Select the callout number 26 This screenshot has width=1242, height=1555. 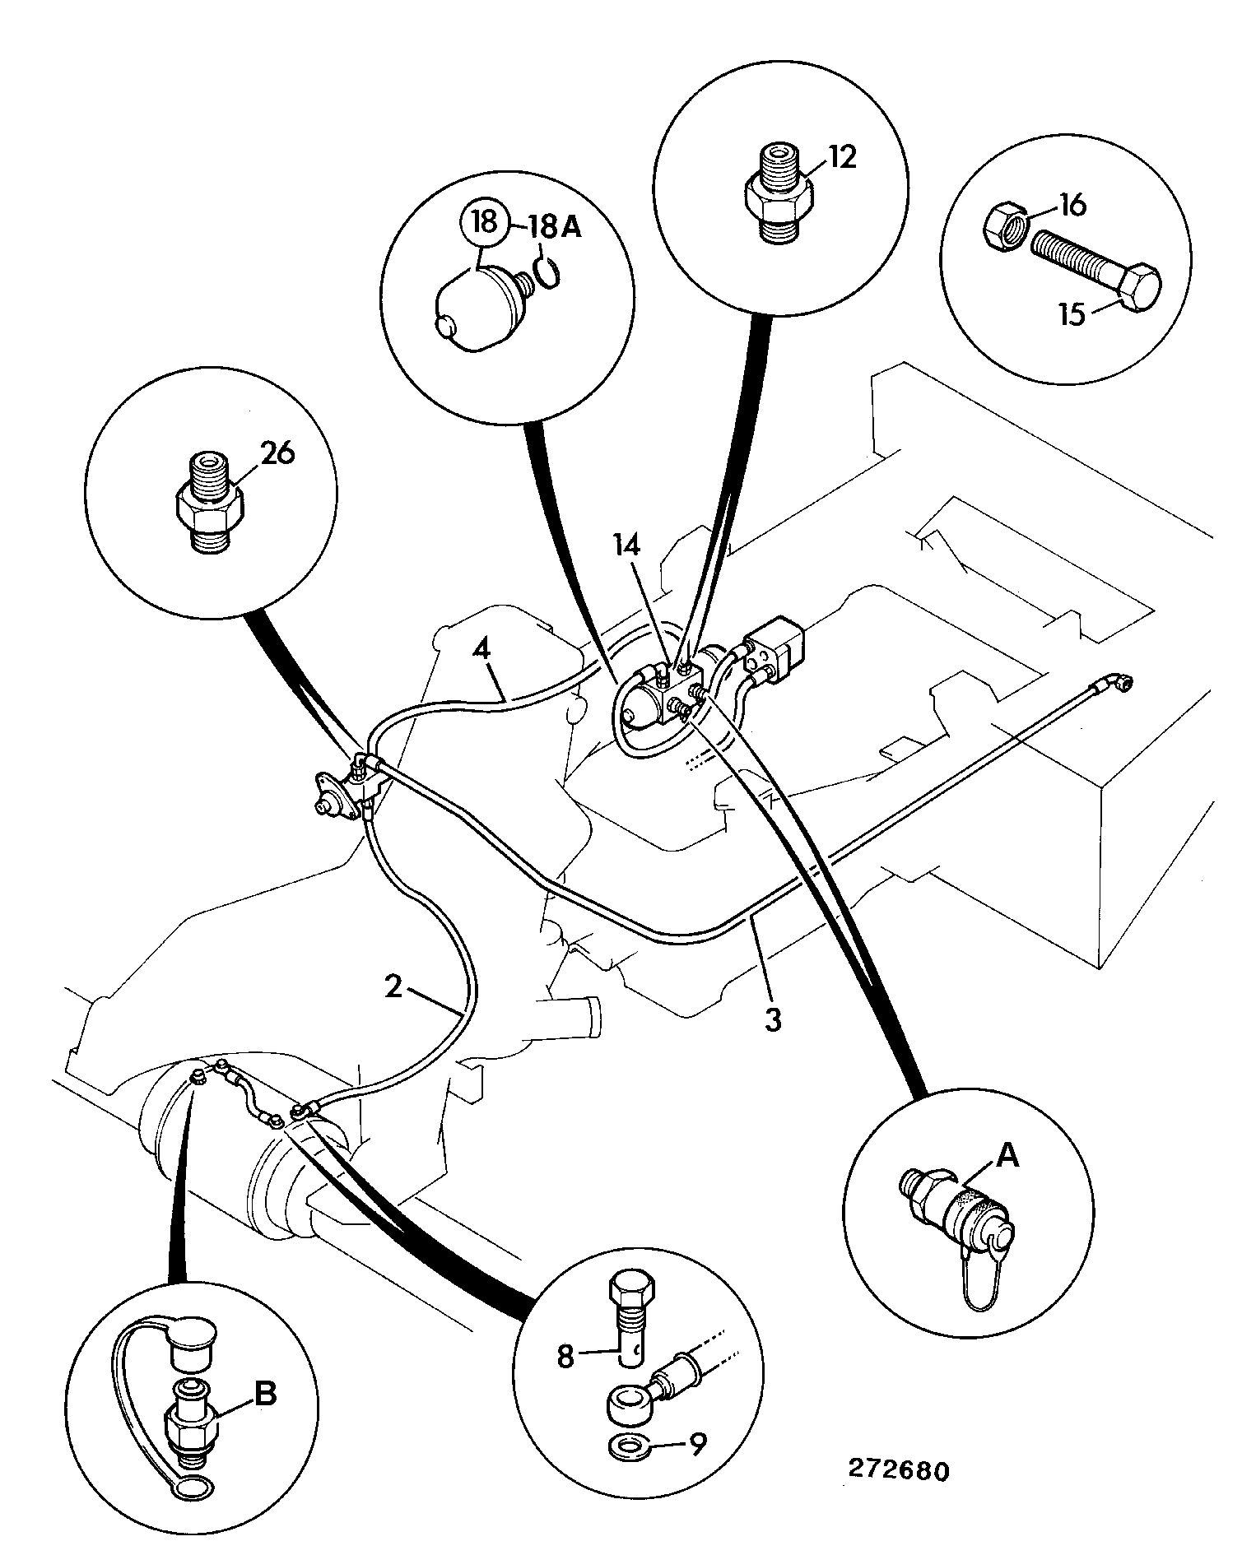pos(278,453)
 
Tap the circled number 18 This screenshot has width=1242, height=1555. pos(485,223)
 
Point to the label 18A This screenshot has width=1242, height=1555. pos(554,226)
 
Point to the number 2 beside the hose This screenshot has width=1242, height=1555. pos(393,986)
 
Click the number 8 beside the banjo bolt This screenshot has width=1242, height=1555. pos(565,1356)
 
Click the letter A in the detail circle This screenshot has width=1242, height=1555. pos(1007,1156)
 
